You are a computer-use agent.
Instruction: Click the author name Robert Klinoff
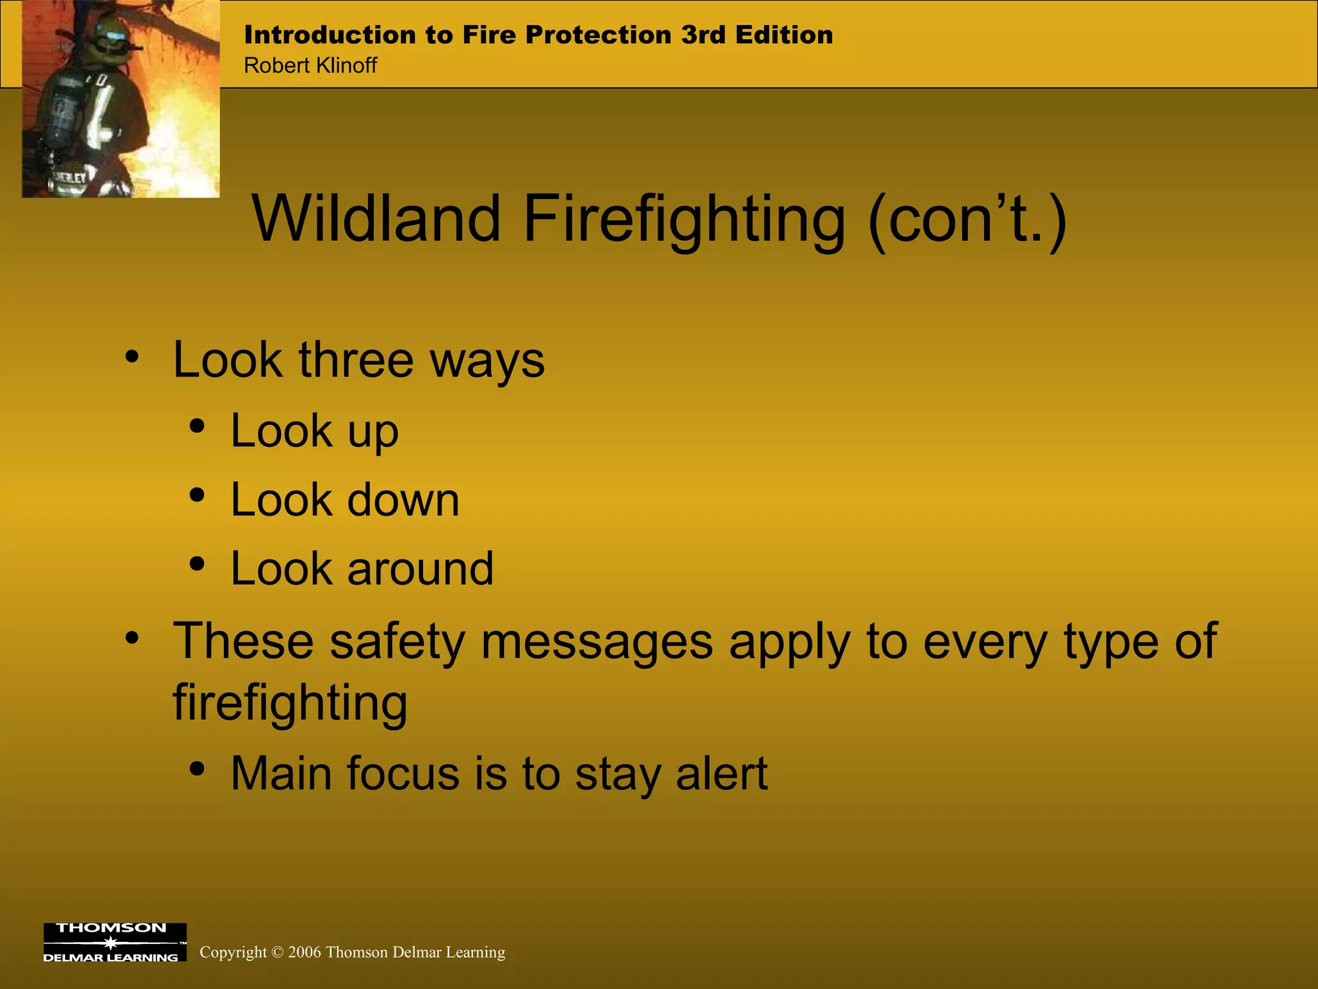tap(310, 66)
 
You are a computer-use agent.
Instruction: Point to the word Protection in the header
tap(598, 35)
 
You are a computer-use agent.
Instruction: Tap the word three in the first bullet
tap(356, 360)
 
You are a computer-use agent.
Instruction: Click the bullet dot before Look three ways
tap(132, 356)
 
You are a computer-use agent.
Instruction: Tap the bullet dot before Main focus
tap(197, 768)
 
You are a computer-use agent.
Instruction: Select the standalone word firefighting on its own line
tap(290, 703)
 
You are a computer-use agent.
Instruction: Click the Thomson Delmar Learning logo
tap(115, 942)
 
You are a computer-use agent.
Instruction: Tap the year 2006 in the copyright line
tap(304, 952)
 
